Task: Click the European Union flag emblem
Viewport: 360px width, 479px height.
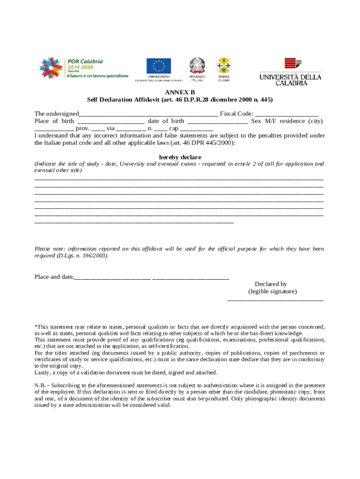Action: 158,66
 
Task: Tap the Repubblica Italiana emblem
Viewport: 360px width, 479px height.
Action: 196,65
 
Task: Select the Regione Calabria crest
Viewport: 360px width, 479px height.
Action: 223,65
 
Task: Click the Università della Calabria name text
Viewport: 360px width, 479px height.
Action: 290,80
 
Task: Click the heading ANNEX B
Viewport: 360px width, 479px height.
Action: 180,93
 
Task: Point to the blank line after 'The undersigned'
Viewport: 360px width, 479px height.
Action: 148,114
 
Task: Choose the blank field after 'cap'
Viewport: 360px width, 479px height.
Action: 196,129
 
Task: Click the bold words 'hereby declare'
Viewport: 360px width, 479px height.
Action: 180,157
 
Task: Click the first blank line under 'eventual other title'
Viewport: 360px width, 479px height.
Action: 179,179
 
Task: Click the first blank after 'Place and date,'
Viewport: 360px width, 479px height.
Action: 112,277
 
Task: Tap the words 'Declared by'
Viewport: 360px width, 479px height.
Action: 271,284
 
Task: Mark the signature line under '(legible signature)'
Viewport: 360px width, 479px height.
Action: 275,299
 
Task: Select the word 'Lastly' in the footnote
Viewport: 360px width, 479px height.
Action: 42,373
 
